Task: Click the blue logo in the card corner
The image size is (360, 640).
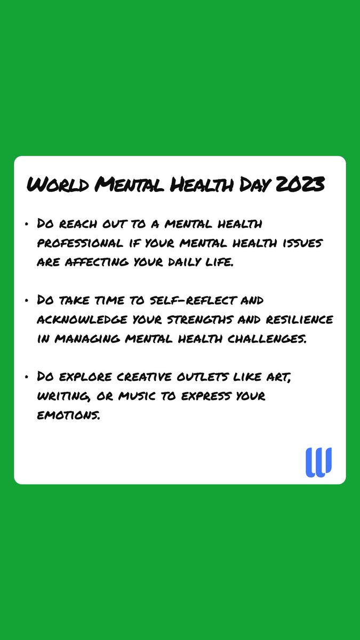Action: point(318,462)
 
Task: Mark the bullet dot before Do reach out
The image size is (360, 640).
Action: point(27,226)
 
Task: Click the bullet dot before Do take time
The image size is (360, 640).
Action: point(27,301)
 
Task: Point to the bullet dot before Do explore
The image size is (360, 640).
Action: point(27,377)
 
